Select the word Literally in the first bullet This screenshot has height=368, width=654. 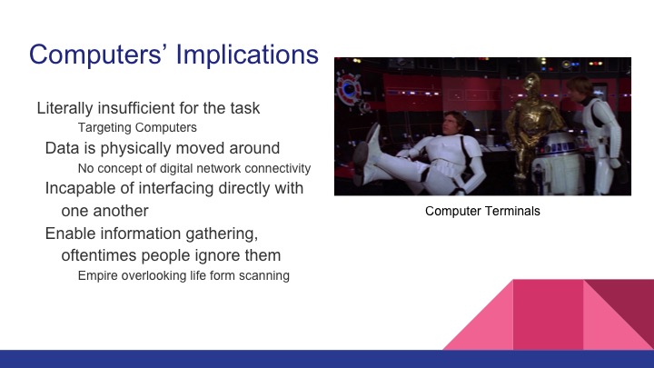(65, 108)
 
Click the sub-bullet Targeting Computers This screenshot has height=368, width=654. (136, 127)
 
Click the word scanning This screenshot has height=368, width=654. (263, 275)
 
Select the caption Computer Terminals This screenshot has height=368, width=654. (482, 212)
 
